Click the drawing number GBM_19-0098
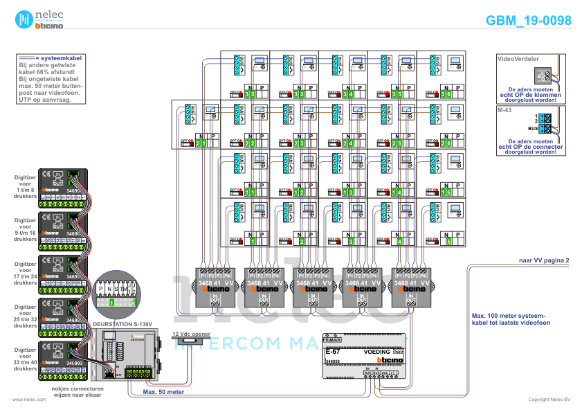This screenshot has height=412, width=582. click(528, 21)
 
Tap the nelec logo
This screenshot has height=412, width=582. click(39, 19)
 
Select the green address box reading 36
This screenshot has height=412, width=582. click(446, 94)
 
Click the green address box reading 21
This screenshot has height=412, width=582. click(201, 143)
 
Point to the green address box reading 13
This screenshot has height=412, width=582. click(348, 192)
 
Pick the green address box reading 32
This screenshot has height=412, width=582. click(251, 94)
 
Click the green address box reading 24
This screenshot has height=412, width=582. click(348, 143)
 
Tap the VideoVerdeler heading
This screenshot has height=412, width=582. click(518, 60)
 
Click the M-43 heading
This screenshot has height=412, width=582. click(504, 110)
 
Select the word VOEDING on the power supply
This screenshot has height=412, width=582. click(377, 352)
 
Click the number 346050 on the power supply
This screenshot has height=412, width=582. click(333, 361)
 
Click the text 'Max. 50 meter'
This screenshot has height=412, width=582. click(164, 391)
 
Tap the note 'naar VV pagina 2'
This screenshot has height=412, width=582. click(544, 260)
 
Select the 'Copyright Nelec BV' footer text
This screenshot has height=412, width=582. click(549, 400)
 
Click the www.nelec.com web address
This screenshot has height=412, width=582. click(24, 400)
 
